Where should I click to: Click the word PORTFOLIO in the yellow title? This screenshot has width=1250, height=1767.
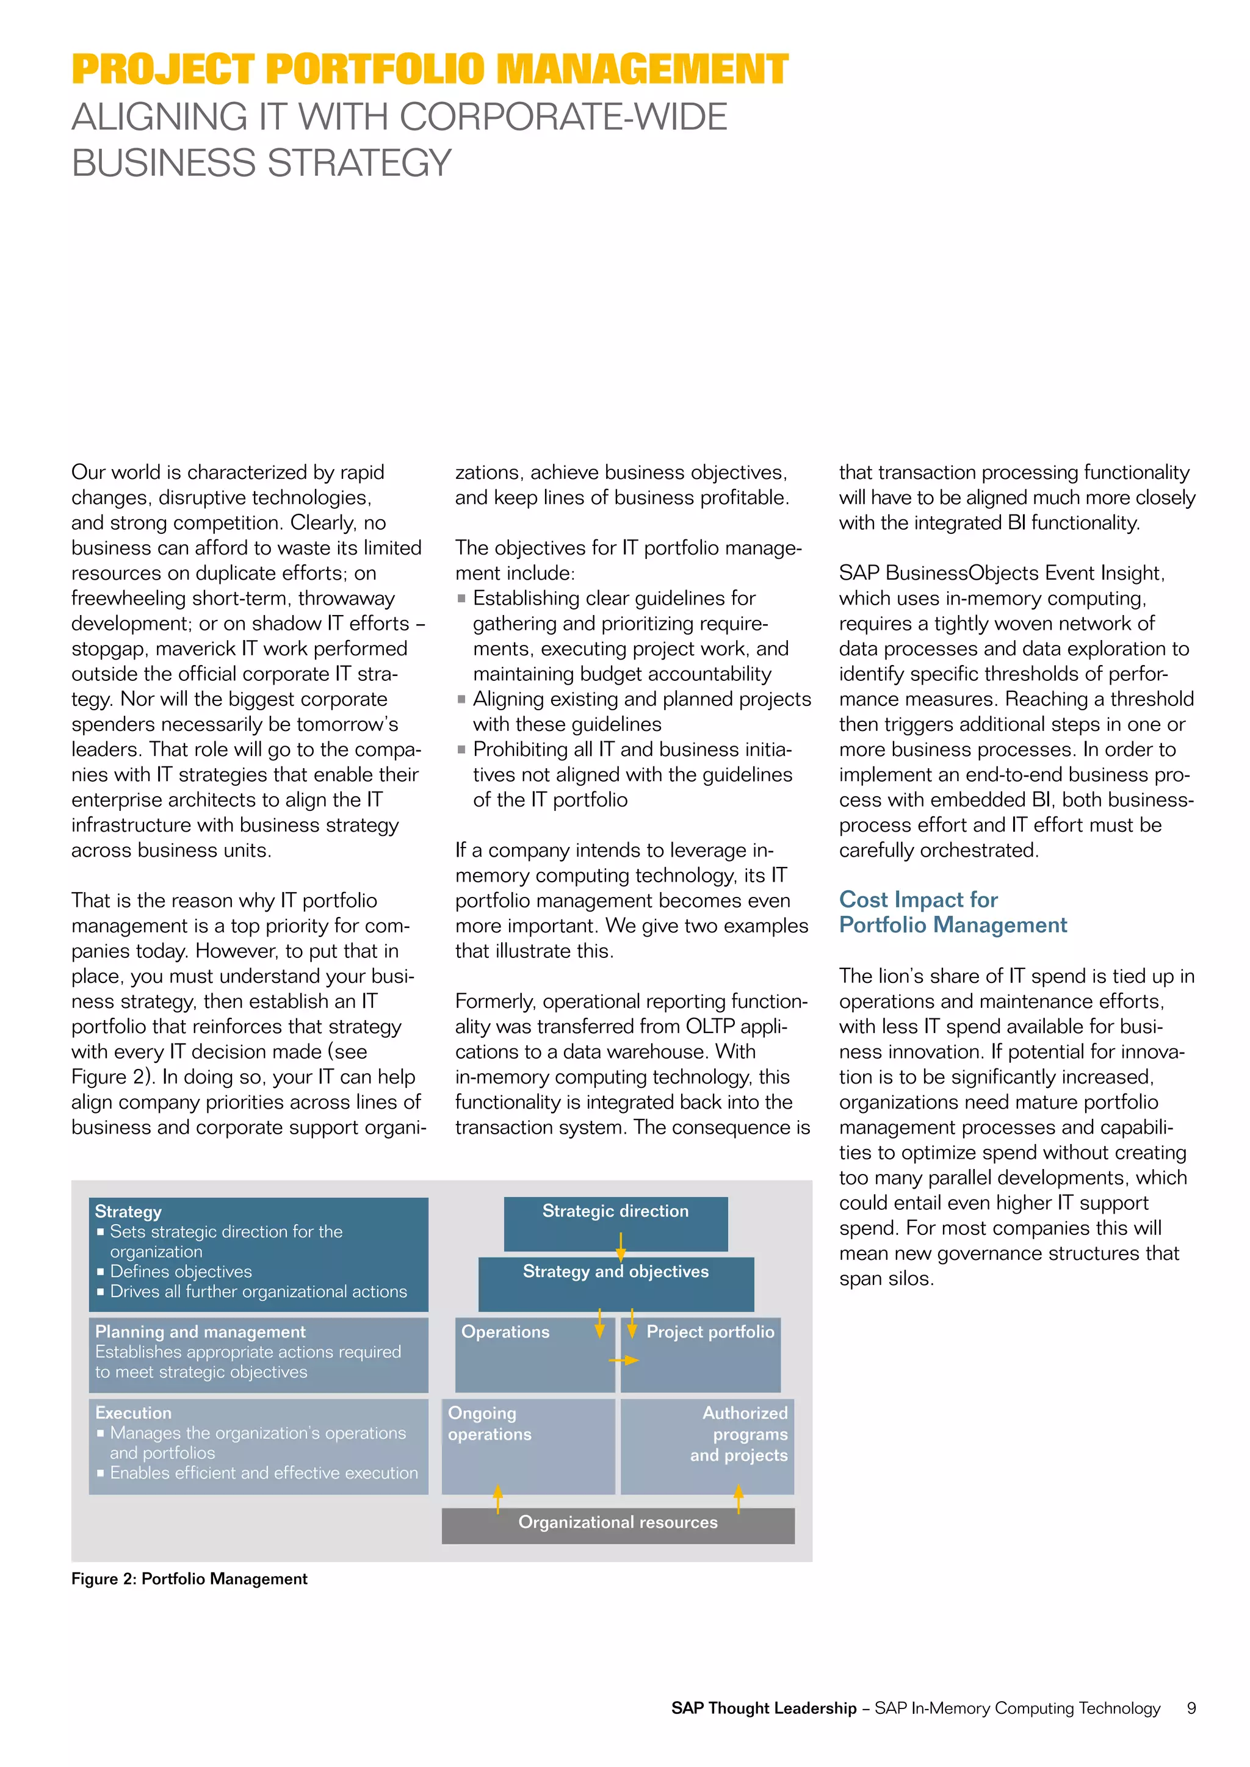(x=375, y=70)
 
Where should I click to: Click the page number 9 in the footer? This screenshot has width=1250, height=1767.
(x=1191, y=1708)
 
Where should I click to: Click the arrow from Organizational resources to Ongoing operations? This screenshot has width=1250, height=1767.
(x=498, y=1499)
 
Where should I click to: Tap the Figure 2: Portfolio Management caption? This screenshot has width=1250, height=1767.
(x=189, y=1579)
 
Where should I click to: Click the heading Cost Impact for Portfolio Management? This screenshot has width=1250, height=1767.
(x=952, y=912)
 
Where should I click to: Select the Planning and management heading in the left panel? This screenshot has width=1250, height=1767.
(x=200, y=1332)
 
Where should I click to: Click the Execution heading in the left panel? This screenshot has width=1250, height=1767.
(x=133, y=1413)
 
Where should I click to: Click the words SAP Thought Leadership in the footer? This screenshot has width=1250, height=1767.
(x=764, y=1708)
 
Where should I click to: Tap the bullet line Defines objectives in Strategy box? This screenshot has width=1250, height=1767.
(x=180, y=1272)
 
